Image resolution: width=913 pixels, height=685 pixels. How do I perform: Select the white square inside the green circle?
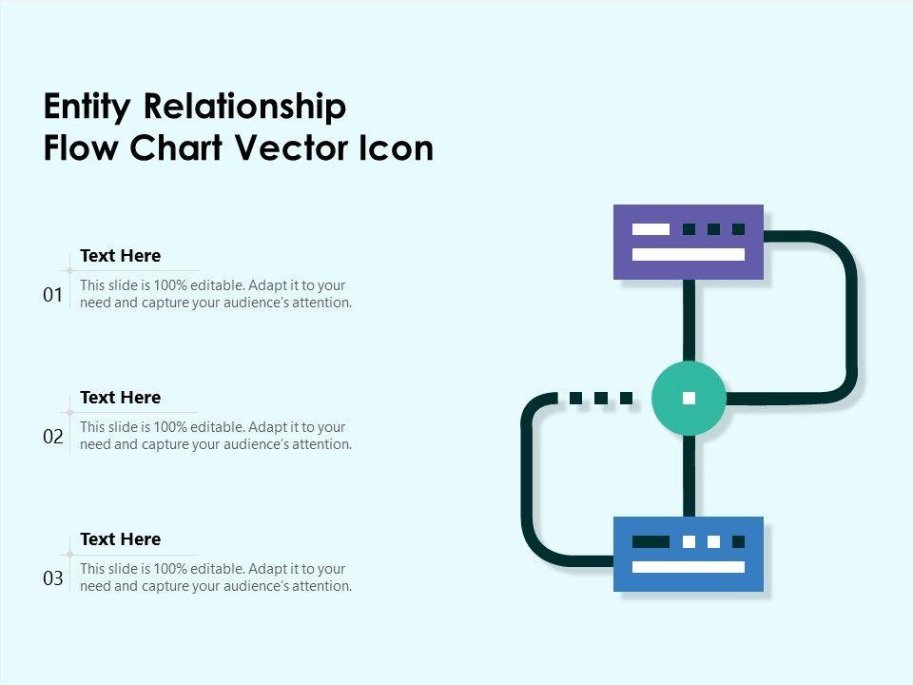pos(689,398)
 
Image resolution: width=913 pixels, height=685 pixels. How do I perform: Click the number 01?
pos(53,296)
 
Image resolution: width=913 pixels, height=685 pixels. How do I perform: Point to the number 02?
pos(53,438)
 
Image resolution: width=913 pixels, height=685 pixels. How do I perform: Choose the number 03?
pos(53,578)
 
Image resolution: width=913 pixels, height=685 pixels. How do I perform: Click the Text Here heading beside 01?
pos(120,256)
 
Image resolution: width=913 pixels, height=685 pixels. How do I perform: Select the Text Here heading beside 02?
pos(120,398)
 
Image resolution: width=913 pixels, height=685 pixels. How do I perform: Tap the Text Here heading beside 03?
pos(120,539)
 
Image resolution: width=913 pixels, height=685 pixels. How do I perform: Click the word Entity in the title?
pos(86,108)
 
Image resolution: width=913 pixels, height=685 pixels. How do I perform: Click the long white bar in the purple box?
pos(689,254)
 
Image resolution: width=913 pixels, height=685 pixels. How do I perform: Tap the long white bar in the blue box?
pos(689,567)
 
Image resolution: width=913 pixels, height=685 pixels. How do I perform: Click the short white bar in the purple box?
pos(651,229)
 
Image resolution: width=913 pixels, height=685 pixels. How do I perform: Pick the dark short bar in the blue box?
pos(651,541)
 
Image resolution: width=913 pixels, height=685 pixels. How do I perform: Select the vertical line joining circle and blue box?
pos(689,476)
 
